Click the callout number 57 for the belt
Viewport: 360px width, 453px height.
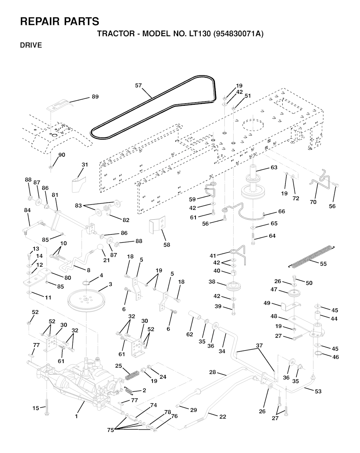(x=138, y=85)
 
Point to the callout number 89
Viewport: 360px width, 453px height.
(x=95, y=97)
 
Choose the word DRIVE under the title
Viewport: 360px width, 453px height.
(x=31, y=45)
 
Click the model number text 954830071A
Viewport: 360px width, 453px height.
(x=238, y=34)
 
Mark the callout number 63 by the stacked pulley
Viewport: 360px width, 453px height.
(x=274, y=167)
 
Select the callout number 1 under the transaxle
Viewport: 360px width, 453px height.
(x=76, y=416)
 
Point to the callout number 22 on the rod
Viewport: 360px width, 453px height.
(x=223, y=416)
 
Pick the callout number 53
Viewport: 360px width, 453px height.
(x=318, y=391)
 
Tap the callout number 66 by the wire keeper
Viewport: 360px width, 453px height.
(x=282, y=211)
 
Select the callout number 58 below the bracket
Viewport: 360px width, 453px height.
(x=167, y=245)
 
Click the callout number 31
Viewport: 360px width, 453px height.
(x=85, y=164)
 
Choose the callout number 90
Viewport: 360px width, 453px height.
(x=62, y=155)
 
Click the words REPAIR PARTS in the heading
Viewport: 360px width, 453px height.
(x=60, y=21)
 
